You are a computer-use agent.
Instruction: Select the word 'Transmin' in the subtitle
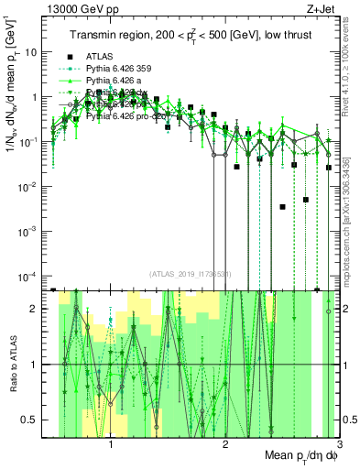point(94,35)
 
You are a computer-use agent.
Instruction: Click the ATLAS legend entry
point(102,55)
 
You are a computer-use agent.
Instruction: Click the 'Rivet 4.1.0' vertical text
point(351,55)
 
